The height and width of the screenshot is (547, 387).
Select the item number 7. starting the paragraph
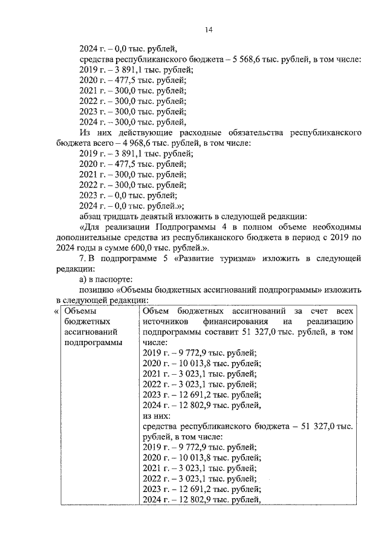pos(83,258)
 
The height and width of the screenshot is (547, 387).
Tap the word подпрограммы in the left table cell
pos(89,343)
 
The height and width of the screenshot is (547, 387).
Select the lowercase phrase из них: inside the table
pos(157,416)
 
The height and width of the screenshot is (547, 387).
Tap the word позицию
pos(96,290)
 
